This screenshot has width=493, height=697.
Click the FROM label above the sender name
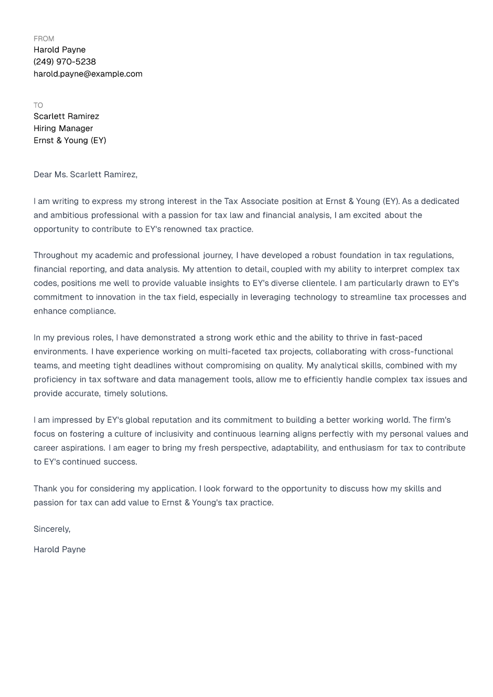pyautogui.click(x=44, y=39)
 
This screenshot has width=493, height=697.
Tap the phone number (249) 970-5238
pyautogui.click(x=65, y=62)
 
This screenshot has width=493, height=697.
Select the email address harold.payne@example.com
pyautogui.click(x=88, y=74)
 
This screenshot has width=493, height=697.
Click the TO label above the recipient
pyautogui.click(x=38, y=105)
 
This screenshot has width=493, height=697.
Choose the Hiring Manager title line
pyautogui.click(x=63, y=128)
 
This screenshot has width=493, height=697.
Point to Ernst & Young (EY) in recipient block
pyautogui.click(x=70, y=141)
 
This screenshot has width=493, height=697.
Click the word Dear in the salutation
pyautogui.click(x=42, y=175)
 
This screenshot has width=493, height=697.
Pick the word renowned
pyautogui.click(x=183, y=229)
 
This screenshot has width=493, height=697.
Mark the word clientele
pyautogui.click(x=318, y=283)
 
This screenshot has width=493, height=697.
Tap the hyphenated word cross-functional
pyautogui.click(x=421, y=352)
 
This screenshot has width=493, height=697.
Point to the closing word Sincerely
pyautogui.click(x=51, y=529)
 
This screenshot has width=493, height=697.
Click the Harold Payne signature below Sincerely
pyautogui.click(x=59, y=550)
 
